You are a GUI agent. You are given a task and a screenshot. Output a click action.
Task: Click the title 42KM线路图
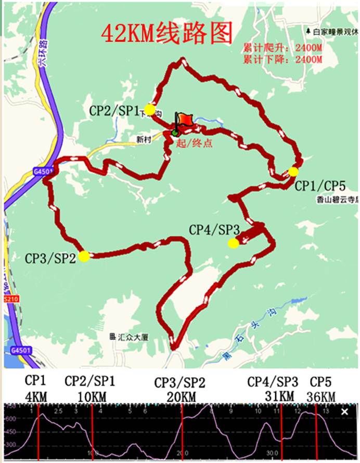pyautogui.click(x=166, y=34)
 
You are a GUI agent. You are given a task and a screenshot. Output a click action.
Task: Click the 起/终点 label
pyautogui.click(x=194, y=143)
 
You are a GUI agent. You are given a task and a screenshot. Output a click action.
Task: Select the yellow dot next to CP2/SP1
pyautogui.click(x=150, y=110)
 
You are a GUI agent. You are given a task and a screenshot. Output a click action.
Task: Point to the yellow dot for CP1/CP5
pyautogui.click(x=293, y=172)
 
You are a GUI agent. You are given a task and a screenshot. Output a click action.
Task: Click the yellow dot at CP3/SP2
pyautogui.click(x=84, y=255)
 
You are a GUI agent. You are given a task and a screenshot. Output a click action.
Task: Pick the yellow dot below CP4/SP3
pyautogui.click(x=234, y=243)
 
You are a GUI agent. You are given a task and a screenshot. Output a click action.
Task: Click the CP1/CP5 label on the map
pyautogui.click(x=320, y=186)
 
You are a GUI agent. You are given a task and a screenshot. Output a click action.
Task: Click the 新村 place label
pyautogui.click(x=144, y=139)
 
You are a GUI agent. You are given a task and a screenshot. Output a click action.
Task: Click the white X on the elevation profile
pyautogui.click(x=344, y=412)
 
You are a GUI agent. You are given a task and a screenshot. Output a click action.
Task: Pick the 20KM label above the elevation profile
pyautogui.click(x=181, y=397)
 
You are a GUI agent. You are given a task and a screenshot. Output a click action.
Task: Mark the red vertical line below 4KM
pyautogui.click(x=38, y=432)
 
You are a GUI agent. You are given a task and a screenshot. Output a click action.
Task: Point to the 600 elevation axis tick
pyautogui.click(x=10, y=419)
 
